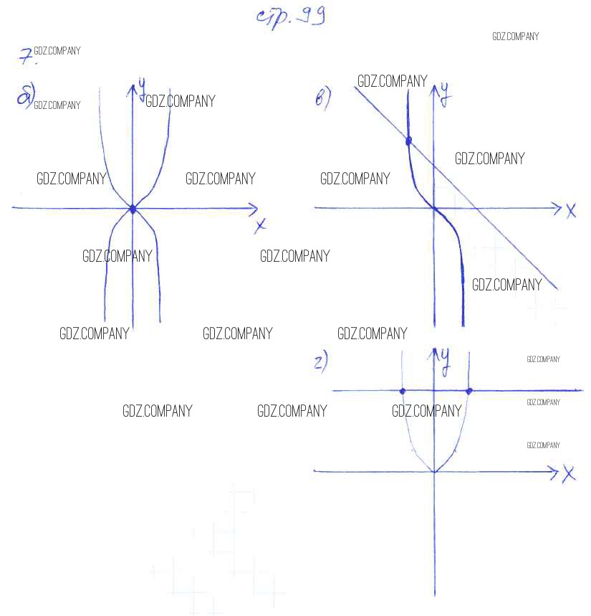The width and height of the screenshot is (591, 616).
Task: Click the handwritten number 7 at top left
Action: click(26, 55)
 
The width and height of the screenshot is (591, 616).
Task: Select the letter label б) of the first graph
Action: click(26, 96)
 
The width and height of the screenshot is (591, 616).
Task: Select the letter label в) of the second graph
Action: click(323, 98)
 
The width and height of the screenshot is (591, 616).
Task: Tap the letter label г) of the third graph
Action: click(321, 363)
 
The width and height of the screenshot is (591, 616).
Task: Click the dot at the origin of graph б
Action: click(133, 209)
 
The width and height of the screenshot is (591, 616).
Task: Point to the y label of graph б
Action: click(143, 87)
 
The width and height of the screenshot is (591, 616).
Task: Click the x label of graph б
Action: click(261, 226)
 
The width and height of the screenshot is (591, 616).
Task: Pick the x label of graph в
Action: click(571, 211)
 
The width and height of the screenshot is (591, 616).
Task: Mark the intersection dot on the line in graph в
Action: click(409, 141)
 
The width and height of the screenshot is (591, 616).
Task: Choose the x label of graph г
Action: click(569, 474)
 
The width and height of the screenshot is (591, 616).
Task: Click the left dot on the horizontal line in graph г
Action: click(403, 391)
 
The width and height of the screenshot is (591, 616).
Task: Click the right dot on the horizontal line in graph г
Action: click(469, 391)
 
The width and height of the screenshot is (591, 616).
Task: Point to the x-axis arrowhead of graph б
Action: click(254, 209)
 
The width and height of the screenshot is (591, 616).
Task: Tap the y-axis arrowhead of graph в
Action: click(434, 88)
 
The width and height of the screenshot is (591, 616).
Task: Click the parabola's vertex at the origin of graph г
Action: click(434, 472)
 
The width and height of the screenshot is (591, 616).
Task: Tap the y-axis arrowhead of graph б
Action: click(133, 88)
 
